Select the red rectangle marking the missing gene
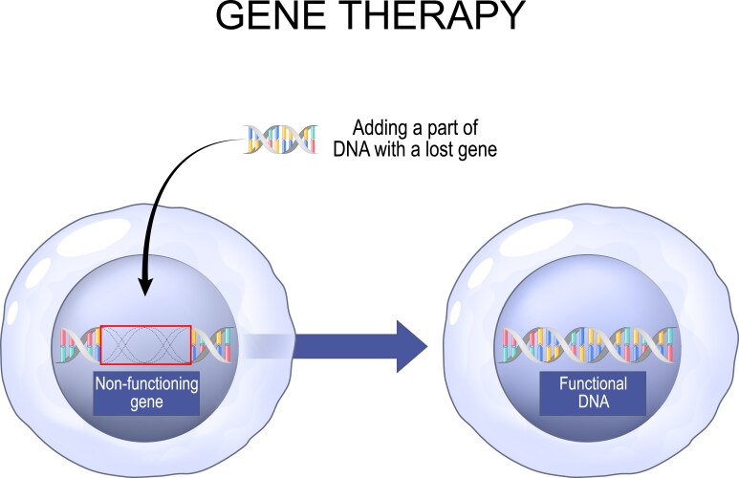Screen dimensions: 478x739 tap(145, 326)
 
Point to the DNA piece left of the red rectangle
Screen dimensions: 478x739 tap(80, 345)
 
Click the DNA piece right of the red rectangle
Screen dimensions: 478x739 tap(211, 345)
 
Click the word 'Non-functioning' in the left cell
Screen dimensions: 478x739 tap(145, 384)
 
